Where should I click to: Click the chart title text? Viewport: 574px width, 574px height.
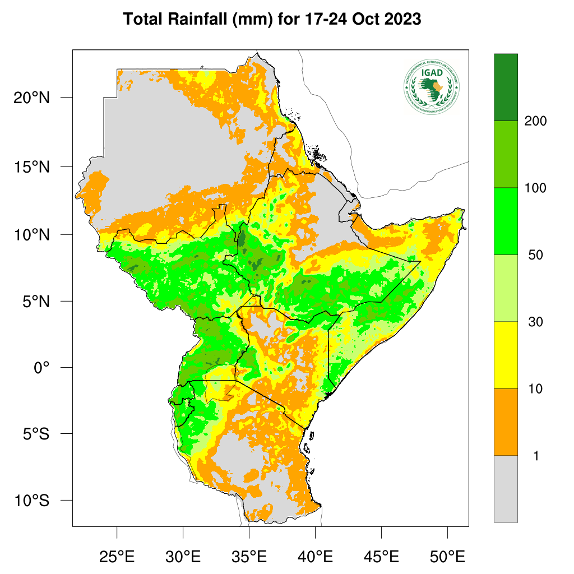[272, 20]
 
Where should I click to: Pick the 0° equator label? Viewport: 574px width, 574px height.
[41, 368]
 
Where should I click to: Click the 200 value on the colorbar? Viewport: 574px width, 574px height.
[535, 121]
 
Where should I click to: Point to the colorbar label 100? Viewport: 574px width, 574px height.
[535, 188]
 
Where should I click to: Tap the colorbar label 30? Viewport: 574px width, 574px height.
[535, 322]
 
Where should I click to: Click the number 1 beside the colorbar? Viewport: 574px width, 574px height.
[536, 456]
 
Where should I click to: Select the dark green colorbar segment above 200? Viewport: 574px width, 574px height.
[506, 87]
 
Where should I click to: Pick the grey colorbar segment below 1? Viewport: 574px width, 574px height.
[506, 489]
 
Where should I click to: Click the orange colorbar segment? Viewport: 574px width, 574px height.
[506, 422]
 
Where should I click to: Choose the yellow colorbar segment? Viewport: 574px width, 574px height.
[506, 355]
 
